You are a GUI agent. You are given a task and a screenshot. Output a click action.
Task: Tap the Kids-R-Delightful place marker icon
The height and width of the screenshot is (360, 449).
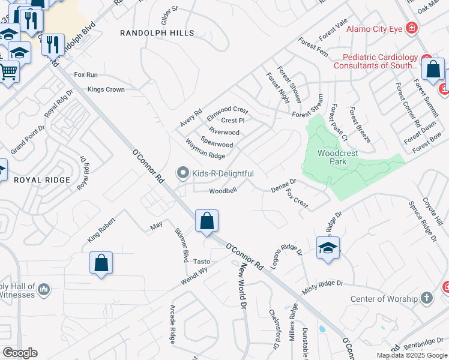click(184, 173)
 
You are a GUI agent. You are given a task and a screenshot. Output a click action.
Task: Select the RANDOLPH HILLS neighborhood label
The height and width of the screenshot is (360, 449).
click(157, 33)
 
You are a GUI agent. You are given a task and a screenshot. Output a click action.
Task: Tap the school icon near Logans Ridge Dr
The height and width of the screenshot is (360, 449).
click(328, 248)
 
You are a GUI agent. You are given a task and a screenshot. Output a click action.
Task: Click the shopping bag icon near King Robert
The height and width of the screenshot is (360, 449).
click(101, 263)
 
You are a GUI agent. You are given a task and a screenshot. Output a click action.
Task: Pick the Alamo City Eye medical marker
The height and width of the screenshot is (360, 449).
click(412, 28)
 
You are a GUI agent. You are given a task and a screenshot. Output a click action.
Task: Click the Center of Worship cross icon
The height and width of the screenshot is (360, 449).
click(427, 298)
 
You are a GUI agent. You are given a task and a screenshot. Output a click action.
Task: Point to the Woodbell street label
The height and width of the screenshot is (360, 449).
click(223, 191)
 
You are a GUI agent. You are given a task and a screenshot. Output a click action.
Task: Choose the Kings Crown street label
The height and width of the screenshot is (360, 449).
click(106, 89)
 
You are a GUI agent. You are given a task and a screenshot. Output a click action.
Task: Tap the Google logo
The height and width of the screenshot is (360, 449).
click(19, 353)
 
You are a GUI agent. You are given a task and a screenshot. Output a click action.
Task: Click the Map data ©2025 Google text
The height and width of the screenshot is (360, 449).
click(412, 355)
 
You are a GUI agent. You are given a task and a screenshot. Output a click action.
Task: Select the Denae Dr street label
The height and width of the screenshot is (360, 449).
click(283, 184)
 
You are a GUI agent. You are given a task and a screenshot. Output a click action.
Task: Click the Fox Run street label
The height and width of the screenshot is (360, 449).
click(85, 74)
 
